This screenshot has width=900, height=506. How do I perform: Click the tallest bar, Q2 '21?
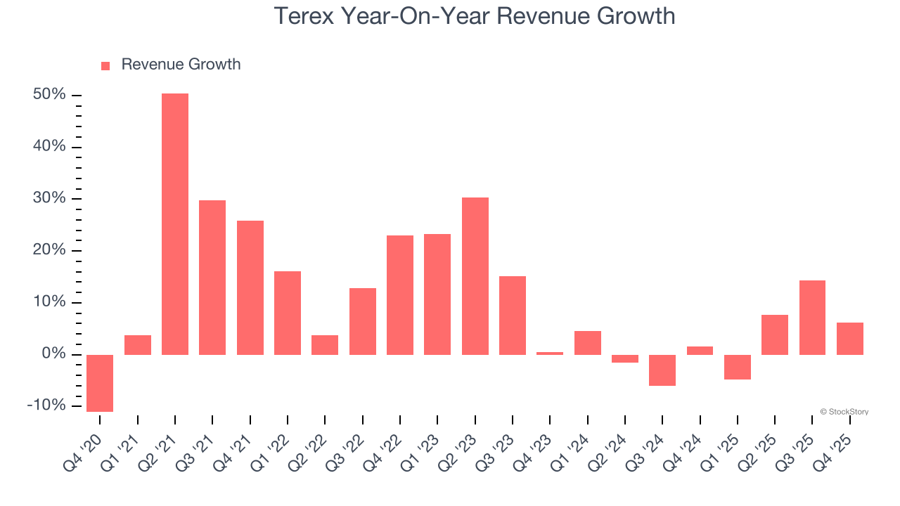click(175, 223)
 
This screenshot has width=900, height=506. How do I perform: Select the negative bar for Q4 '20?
click(100, 383)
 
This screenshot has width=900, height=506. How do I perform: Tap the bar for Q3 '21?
click(212, 277)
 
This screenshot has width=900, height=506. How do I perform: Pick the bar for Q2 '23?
click(475, 275)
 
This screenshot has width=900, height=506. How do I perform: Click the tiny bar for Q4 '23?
click(550, 353)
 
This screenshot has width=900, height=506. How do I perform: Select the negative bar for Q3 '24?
click(662, 370)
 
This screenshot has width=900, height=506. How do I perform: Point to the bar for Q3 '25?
click(812, 317)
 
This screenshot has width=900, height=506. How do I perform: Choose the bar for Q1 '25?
click(738, 367)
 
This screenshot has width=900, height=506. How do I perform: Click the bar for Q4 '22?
click(400, 294)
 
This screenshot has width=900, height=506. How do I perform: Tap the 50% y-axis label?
click(49, 95)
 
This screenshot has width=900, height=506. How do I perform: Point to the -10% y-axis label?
click(46, 406)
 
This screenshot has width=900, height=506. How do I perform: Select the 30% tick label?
click(49, 199)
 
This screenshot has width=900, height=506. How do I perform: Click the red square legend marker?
click(105, 66)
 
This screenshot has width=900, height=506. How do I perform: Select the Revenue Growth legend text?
click(181, 65)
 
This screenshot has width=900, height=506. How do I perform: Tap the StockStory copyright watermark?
click(844, 412)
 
